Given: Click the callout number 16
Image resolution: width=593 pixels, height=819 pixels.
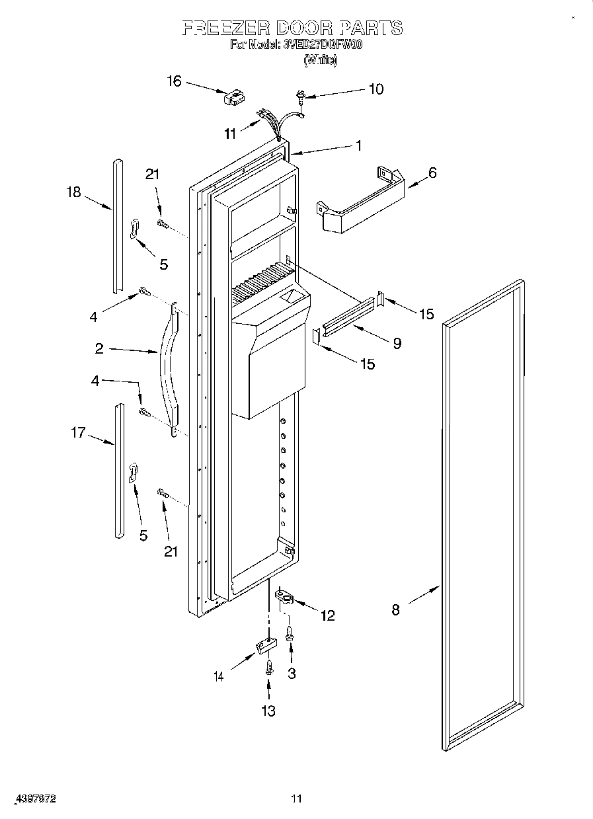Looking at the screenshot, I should pyautogui.click(x=173, y=81).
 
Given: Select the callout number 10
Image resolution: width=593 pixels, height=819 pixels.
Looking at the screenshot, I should pyautogui.click(x=375, y=89).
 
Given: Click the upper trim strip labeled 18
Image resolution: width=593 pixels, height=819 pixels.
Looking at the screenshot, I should pyautogui.click(x=117, y=225).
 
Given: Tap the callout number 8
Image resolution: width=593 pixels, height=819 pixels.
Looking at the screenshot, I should pyautogui.click(x=395, y=609).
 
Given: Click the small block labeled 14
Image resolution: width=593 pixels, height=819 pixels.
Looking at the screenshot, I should pyautogui.click(x=263, y=645).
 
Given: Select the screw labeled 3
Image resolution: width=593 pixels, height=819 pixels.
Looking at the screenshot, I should pyautogui.click(x=290, y=634).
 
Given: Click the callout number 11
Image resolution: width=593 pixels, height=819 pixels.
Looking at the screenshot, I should pyautogui.click(x=229, y=134).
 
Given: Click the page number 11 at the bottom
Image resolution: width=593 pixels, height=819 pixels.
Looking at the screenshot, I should pyautogui.click(x=296, y=799).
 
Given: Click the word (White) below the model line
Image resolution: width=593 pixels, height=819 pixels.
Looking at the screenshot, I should pyautogui.click(x=320, y=60).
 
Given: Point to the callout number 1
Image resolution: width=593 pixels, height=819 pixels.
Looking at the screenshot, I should pyautogui.click(x=358, y=146).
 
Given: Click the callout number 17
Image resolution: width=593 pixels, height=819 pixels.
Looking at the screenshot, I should pyautogui.click(x=78, y=433).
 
